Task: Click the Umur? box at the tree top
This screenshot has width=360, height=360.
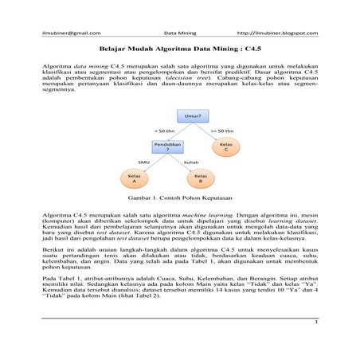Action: point(191,116)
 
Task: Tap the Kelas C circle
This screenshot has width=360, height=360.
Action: point(225,147)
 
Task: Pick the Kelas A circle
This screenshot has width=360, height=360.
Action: point(134,178)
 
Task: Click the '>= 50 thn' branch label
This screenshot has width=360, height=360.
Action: point(222,131)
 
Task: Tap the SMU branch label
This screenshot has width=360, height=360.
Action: point(144,162)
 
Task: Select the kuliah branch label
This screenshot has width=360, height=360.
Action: point(191,162)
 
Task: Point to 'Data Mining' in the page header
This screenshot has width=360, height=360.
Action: point(179,33)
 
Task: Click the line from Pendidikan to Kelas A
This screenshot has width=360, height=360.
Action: point(149,164)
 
